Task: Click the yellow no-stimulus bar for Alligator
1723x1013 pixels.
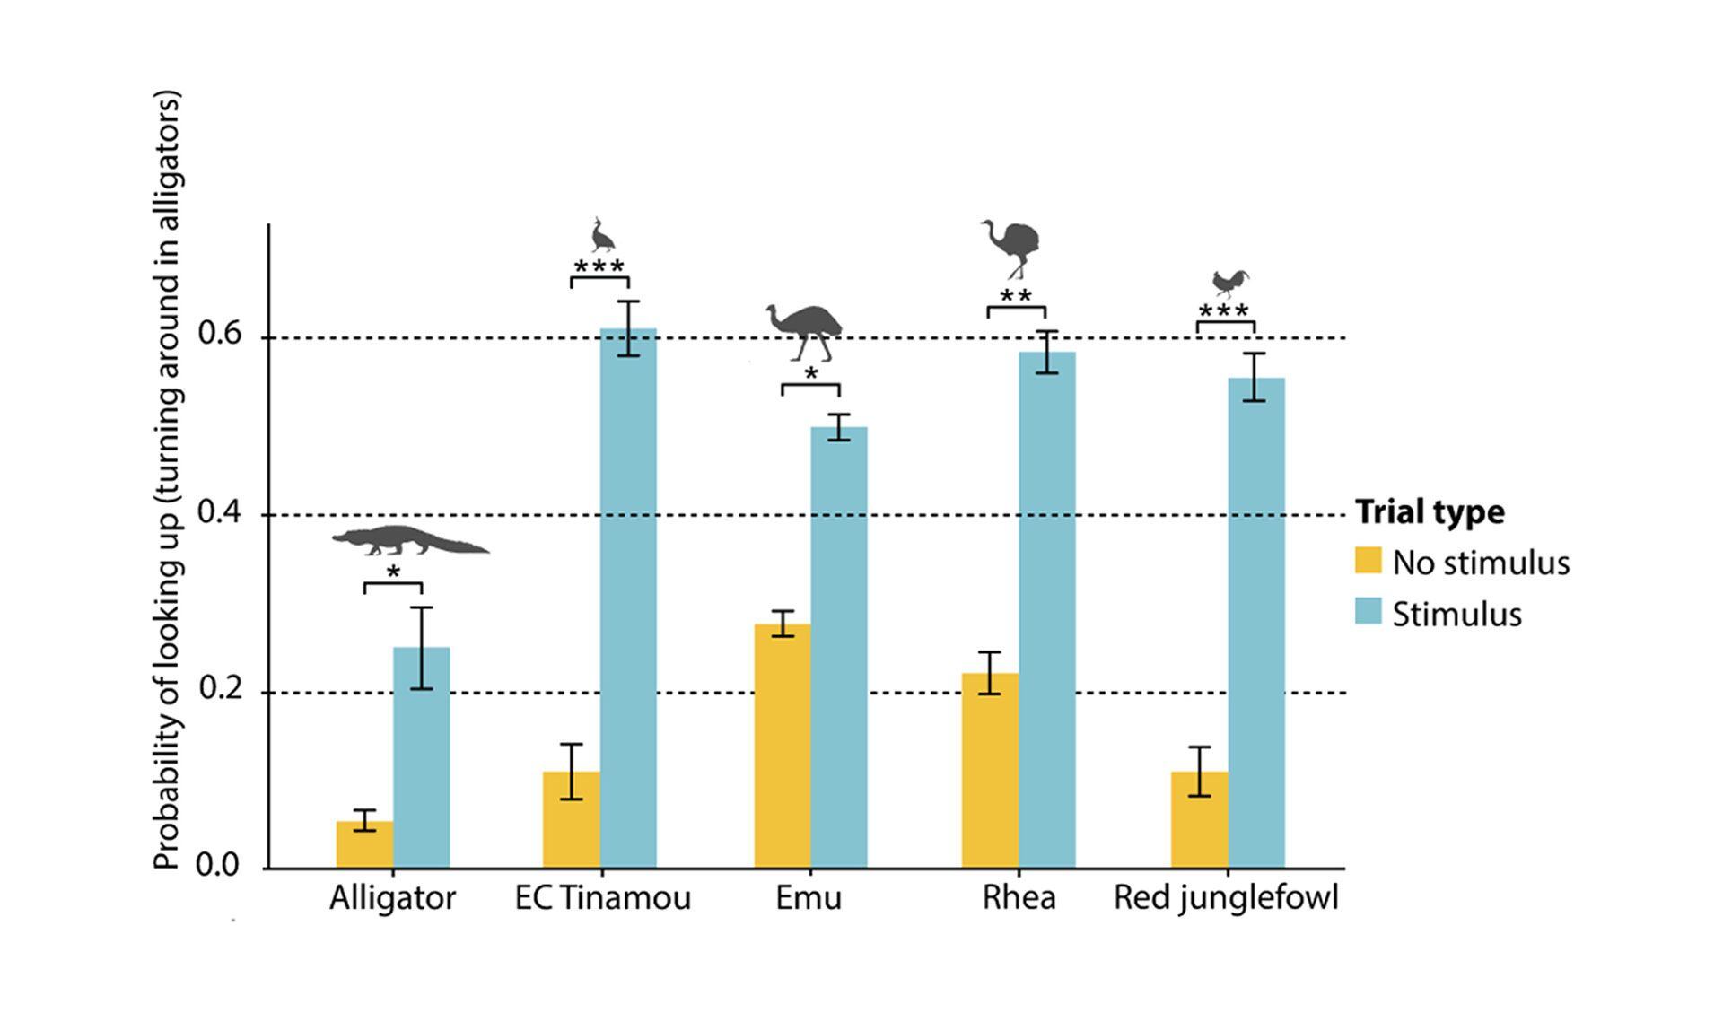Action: point(364,844)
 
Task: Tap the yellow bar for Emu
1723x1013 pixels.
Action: point(783,746)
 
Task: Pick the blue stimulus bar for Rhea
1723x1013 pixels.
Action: point(1046,610)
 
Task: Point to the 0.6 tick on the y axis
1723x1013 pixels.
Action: point(220,336)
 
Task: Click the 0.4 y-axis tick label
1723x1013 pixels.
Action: point(220,513)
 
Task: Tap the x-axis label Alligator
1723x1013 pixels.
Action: point(392,898)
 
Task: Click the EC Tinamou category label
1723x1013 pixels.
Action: point(603,898)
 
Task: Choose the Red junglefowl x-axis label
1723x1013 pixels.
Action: point(1226,898)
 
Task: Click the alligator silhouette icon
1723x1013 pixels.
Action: point(410,541)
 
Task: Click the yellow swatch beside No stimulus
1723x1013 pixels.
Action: point(1368,561)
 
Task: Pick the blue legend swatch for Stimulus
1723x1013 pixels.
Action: point(1368,612)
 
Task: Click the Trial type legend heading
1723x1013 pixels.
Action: point(1430,511)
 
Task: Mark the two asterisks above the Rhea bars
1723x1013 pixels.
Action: point(1016,296)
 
